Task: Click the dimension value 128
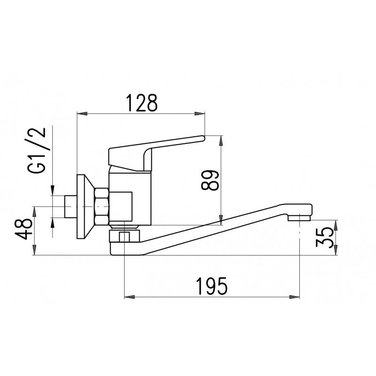(142, 103)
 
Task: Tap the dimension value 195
(211, 286)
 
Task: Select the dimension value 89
(210, 180)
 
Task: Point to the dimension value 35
(325, 238)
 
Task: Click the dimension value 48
(24, 229)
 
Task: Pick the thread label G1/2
(37, 150)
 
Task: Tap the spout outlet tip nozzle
(299, 218)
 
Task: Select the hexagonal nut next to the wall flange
(102, 206)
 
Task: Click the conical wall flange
(86, 206)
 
